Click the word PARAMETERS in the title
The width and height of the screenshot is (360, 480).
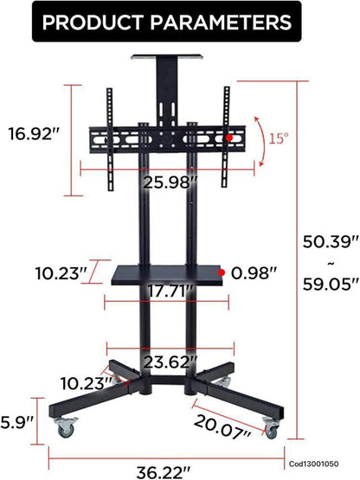[230, 22]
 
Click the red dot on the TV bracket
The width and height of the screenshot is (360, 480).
[228, 138]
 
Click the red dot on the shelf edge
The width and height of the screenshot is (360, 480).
[222, 272]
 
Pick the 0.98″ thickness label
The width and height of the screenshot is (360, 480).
[259, 273]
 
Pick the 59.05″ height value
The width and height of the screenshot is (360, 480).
[330, 281]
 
